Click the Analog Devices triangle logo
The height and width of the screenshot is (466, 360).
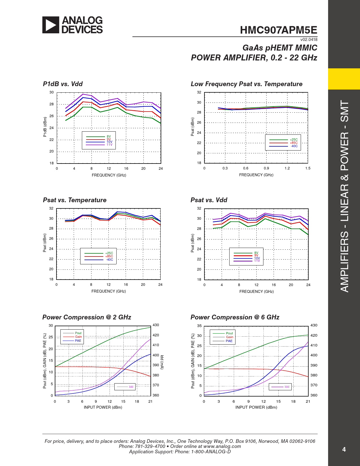51,25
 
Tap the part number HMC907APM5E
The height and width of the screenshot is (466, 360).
278,30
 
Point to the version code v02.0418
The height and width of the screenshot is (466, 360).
309,40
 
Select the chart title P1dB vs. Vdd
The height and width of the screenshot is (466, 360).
63,84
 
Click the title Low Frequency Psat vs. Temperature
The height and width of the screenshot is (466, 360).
246,84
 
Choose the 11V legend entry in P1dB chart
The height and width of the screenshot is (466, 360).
109,145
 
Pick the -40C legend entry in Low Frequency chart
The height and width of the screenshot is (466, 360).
294,146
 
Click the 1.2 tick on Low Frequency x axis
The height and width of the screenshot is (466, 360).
287,168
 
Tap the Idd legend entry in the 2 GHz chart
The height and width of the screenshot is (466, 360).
131,387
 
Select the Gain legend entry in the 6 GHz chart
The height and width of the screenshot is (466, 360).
230,337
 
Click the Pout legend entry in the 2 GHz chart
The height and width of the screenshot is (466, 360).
78,333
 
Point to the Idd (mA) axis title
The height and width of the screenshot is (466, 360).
162,362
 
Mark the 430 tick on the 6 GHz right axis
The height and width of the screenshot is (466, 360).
314,325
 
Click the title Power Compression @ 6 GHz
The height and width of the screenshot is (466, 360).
235,317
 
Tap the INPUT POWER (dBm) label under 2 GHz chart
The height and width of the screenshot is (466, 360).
103,407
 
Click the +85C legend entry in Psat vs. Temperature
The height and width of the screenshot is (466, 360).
109,256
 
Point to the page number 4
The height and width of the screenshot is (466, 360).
344,449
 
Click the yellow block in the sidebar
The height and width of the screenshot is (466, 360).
344,79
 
